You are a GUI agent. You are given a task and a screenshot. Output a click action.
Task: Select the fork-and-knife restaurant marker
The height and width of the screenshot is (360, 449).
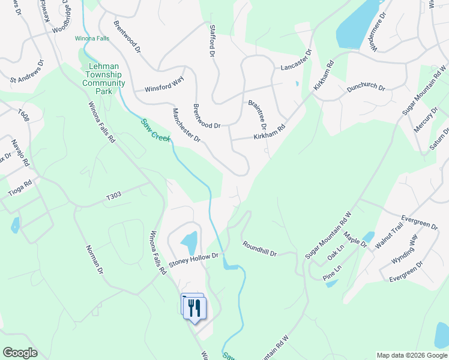point(194,308)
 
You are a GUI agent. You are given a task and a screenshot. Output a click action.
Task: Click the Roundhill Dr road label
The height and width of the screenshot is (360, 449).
point(259,249)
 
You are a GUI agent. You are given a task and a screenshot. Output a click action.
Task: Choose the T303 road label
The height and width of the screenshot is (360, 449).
point(113,196)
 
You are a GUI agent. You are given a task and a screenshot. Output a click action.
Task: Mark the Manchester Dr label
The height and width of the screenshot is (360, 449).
point(186,125)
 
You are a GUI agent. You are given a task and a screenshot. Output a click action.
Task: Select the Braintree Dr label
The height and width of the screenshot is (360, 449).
point(257,115)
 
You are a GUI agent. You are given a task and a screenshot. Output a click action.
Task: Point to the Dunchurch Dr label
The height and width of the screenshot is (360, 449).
point(366,87)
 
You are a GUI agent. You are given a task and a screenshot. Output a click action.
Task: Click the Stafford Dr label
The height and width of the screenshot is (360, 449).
point(211,41)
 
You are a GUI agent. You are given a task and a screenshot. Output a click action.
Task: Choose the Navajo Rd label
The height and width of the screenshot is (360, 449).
point(20,152)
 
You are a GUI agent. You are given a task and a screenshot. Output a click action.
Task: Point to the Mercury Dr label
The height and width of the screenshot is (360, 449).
point(426,120)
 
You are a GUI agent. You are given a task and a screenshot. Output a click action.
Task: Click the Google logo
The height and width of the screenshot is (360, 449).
point(20,353)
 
